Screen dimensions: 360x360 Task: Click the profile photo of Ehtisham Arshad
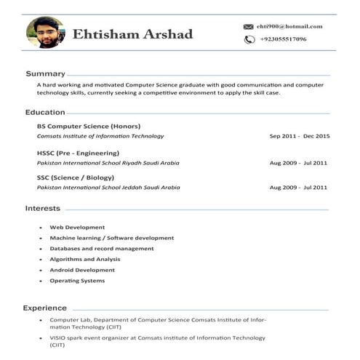click(45, 33)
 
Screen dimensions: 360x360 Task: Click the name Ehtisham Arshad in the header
click(132, 34)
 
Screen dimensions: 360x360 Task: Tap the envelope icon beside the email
click(249, 27)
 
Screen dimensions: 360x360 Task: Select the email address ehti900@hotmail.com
click(289, 26)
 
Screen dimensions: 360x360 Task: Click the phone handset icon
click(249, 39)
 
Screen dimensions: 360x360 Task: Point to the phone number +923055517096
click(283, 39)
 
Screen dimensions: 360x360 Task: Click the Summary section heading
click(45, 73)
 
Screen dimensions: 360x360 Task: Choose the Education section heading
click(45, 112)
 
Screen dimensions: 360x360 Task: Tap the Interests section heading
click(43, 208)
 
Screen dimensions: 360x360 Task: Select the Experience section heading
click(44, 308)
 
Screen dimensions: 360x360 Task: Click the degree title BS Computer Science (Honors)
click(89, 126)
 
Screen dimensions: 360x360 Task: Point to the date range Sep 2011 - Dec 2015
click(299, 136)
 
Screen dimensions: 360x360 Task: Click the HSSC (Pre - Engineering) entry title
click(78, 153)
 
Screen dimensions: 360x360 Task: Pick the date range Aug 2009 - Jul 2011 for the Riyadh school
click(298, 163)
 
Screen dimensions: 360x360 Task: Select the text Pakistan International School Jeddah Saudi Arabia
click(108, 188)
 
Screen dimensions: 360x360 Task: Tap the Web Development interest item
click(77, 227)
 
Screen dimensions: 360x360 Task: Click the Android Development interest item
click(82, 270)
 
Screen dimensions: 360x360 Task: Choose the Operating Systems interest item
click(77, 281)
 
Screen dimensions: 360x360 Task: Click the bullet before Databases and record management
click(40, 249)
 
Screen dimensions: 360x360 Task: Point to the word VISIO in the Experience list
click(57, 337)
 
